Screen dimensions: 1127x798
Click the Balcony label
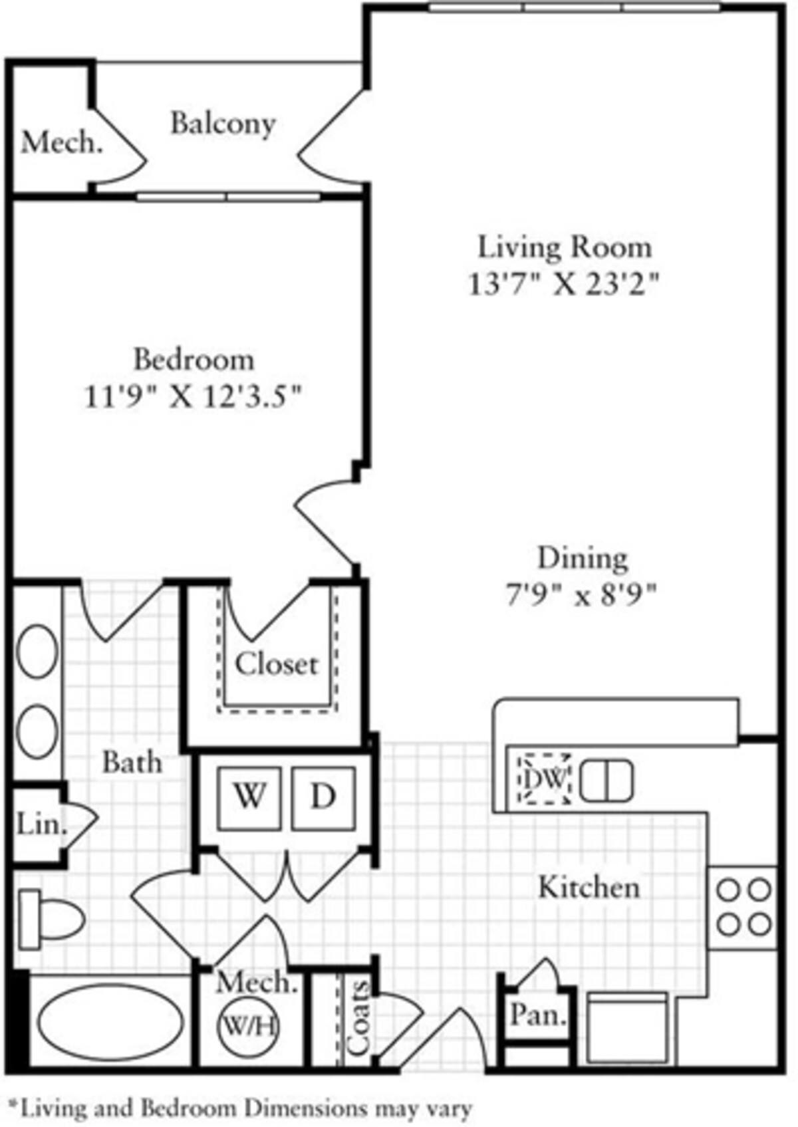click(223, 124)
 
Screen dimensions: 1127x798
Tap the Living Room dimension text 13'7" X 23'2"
click(564, 285)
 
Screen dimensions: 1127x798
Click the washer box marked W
click(249, 797)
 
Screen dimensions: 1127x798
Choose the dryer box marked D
click(323, 797)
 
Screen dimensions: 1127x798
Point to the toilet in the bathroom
click(50, 920)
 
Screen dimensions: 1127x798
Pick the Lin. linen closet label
click(41, 825)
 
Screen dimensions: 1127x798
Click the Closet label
click(277, 664)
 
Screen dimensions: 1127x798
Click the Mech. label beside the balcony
click(62, 143)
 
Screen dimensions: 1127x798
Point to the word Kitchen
click(589, 887)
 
